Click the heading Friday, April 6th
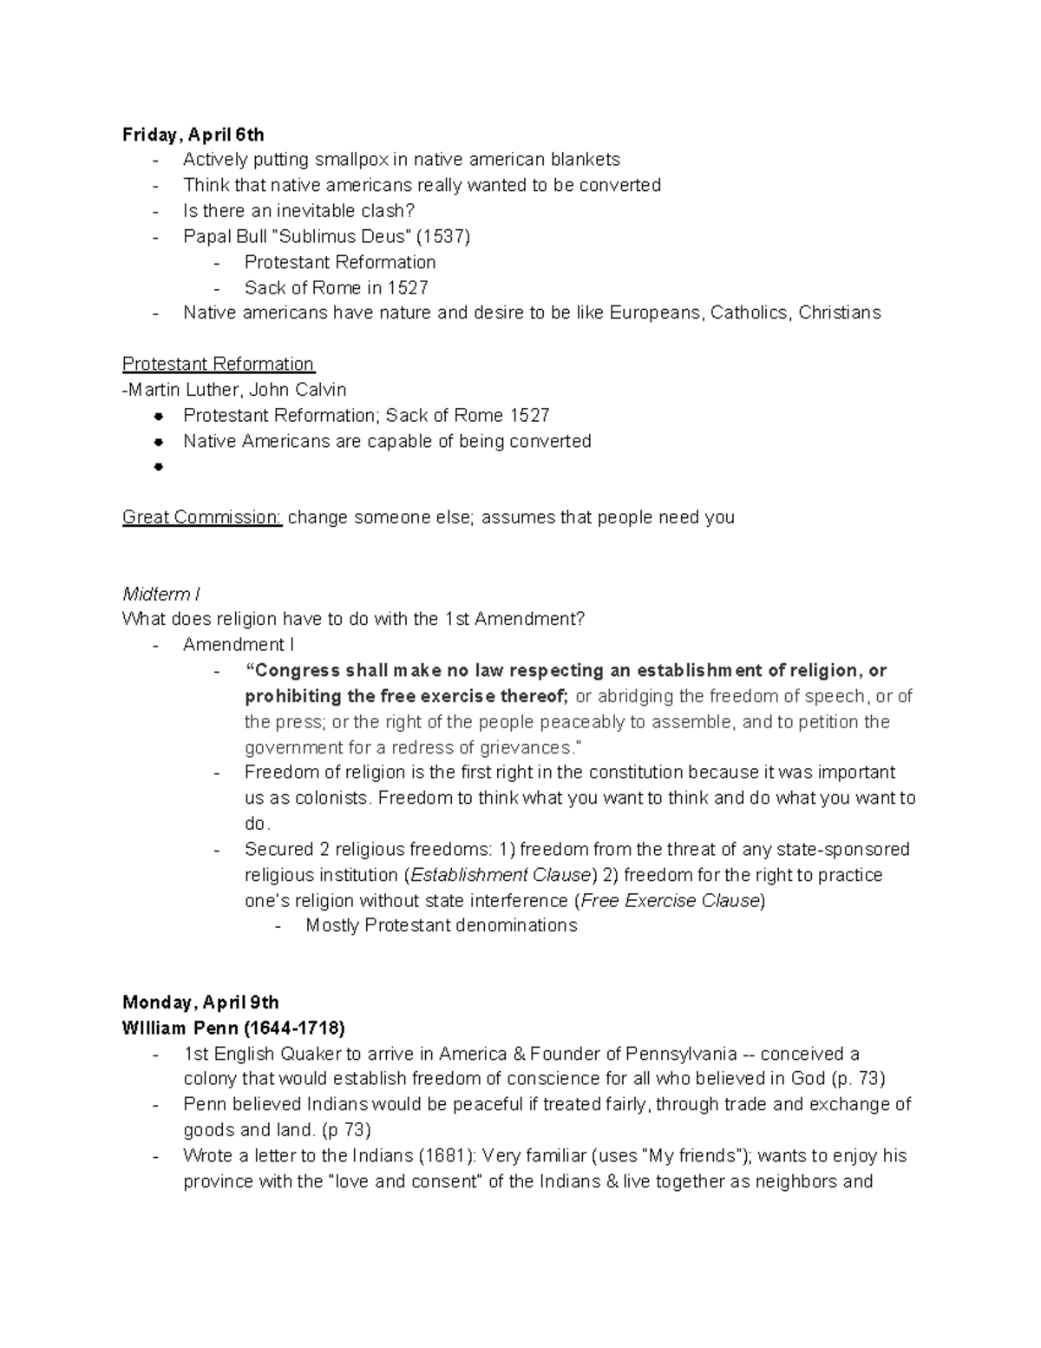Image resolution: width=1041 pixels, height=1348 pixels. point(193,135)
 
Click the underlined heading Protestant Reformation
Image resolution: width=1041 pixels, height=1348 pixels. point(218,364)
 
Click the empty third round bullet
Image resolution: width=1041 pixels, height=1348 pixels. point(158,467)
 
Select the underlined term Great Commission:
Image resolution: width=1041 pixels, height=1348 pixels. point(202,517)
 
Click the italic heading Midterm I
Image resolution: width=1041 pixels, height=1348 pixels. point(161,595)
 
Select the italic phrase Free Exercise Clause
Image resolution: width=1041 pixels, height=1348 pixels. point(670,901)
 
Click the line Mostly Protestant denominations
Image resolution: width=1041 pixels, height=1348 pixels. point(441,926)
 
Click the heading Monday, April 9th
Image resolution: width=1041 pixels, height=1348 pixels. point(200,1003)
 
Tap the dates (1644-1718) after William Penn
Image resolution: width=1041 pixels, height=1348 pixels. point(293,1029)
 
